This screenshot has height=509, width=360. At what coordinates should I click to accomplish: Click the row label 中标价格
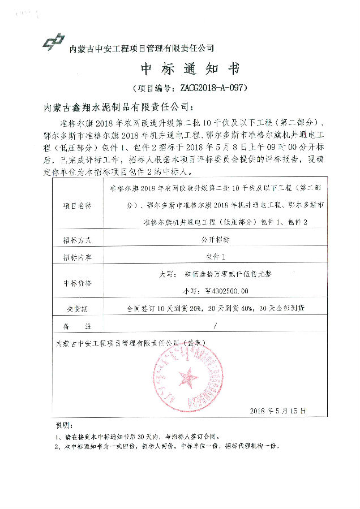[x=77, y=282]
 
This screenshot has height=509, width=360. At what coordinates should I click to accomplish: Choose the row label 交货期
[x=74, y=309]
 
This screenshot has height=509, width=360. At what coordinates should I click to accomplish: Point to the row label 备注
[x=77, y=326]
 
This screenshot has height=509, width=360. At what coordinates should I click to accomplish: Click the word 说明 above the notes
[x=63, y=425]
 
